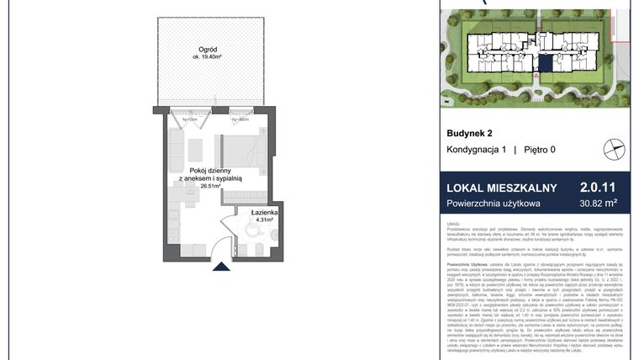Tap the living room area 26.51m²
(210, 186)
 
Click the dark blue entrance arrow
(219, 267)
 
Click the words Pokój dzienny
(210, 170)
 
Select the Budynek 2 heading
(469, 133)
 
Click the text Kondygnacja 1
(476, 150)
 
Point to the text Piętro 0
(540, 150)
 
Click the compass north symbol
(615, 150)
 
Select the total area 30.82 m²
(599, 204)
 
